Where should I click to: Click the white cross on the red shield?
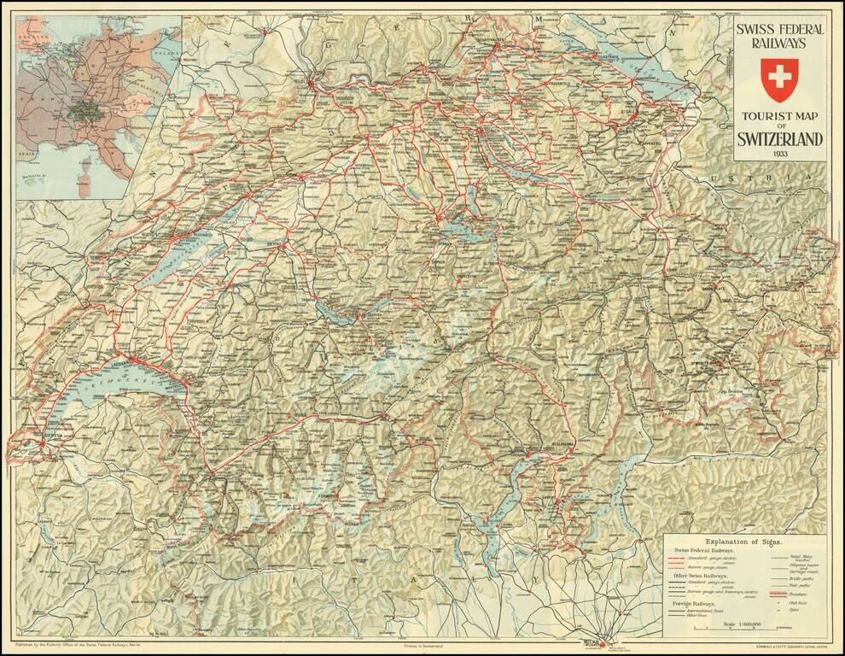(778, 79)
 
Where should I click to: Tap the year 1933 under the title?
(780, 154)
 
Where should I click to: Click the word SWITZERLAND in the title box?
(780, 139)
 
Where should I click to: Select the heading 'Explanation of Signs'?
(744, 542)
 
